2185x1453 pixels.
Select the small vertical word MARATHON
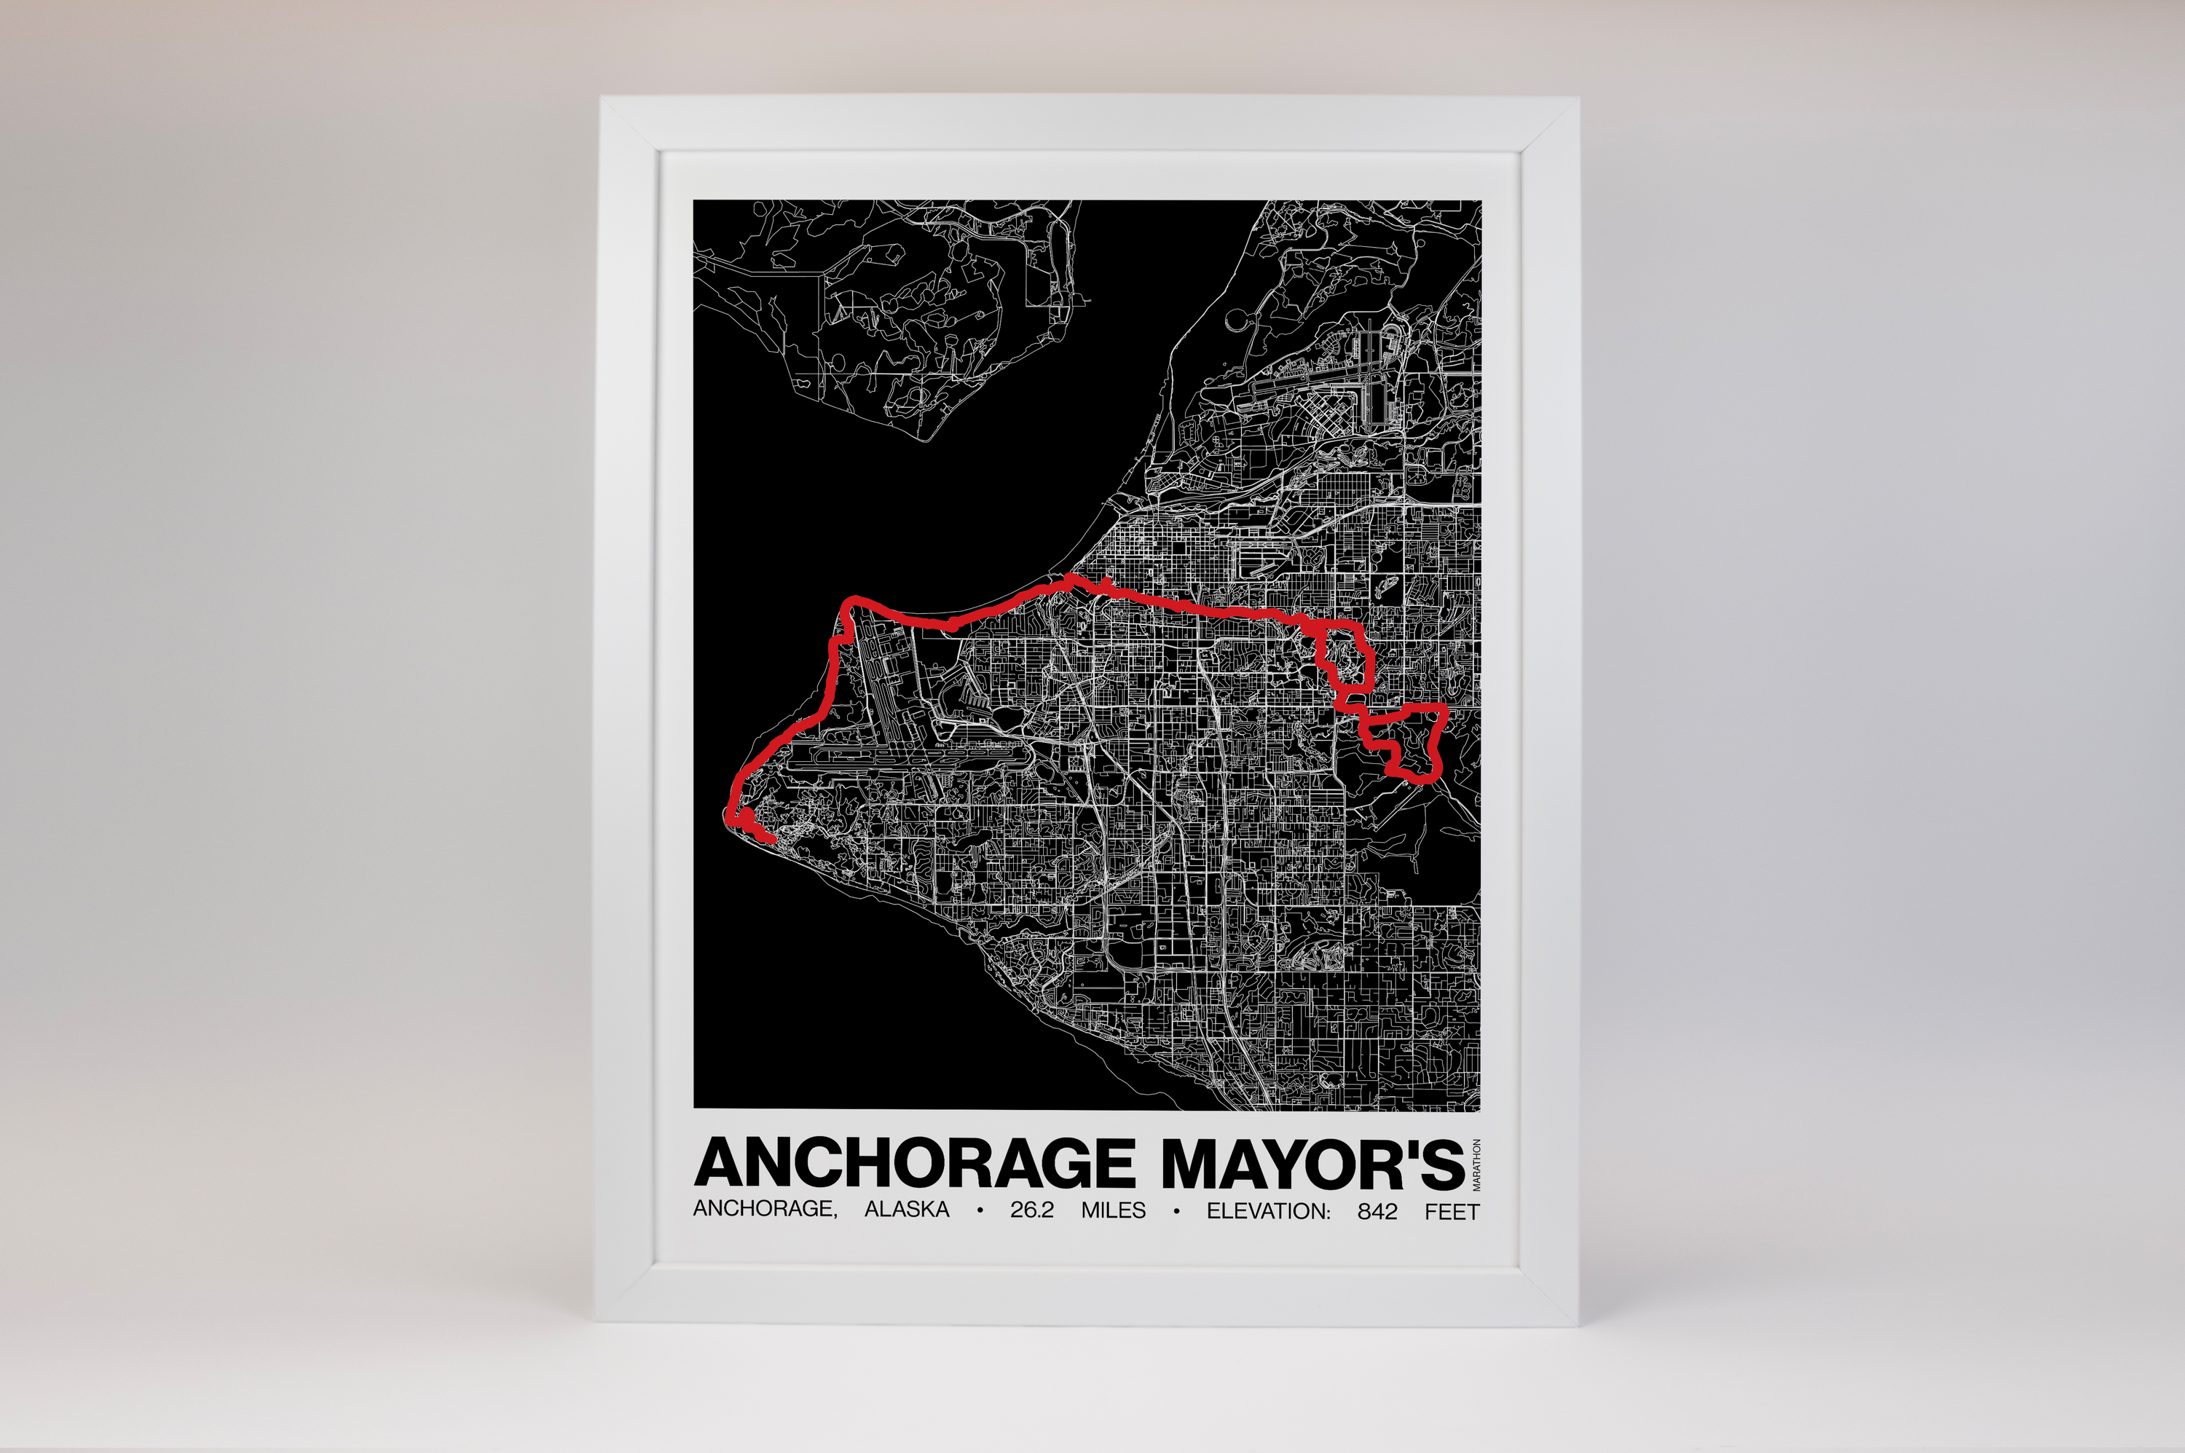1476,1164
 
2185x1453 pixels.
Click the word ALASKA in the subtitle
906,1210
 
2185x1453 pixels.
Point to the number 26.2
1031,1210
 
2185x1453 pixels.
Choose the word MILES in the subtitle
1113,1210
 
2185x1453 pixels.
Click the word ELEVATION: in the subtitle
1267,1210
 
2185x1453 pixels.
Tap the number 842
1377,1210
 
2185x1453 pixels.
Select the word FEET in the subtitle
1452,1210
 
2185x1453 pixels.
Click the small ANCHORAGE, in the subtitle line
765,1210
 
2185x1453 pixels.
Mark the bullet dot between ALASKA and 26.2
980,1210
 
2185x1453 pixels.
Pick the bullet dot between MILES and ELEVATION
1176,1210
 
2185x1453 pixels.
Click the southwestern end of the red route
770,838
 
